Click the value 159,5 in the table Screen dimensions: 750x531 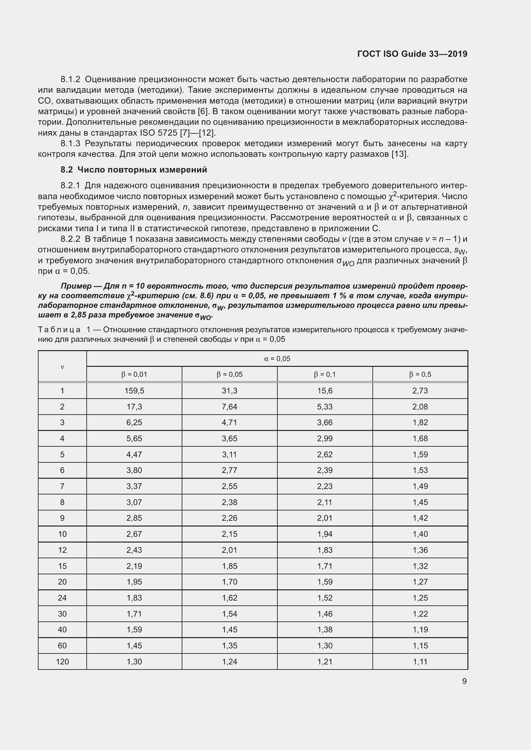click(134, 391)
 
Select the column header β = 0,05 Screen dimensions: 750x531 click(230, 374)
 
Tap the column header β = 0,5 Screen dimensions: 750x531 click(420, 374)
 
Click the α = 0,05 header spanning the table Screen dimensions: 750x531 click(277, 359)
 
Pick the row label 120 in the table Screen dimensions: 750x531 click(62, 662)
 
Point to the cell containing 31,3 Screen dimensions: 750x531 click(230, 391)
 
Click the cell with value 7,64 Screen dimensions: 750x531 click(230, 407)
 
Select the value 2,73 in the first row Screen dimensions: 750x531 click(420, 391)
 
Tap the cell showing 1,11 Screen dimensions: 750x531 click(420, 662)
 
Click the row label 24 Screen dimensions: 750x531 click(62, 598)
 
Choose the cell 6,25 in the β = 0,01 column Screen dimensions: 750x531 click(134, 422)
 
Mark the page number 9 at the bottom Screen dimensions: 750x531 click(464, 681)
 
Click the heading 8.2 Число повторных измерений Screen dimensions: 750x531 click(134, 170)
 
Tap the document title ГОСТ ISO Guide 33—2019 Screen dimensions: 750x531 click(412, 54)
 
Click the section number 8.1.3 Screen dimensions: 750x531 click(70, 143)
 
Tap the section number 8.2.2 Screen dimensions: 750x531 click(70, 239)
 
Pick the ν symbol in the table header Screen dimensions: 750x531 click(62, 367)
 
